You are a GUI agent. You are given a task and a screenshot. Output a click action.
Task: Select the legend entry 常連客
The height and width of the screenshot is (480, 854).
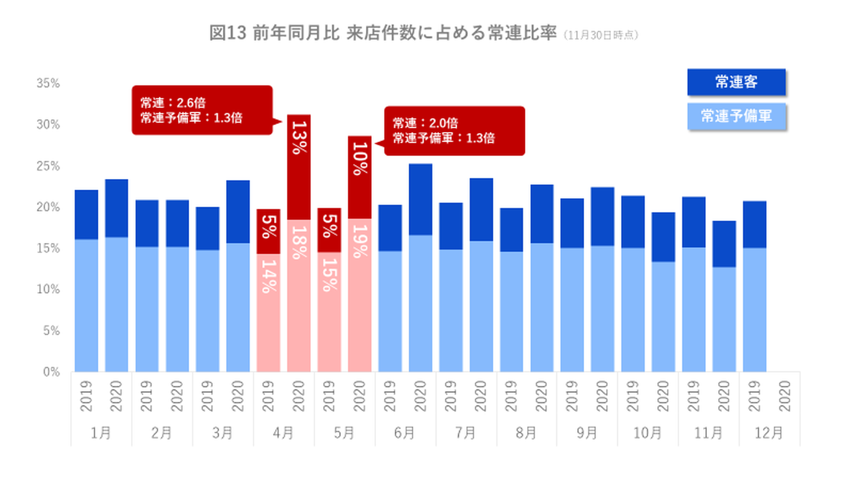click(x=736, y=82)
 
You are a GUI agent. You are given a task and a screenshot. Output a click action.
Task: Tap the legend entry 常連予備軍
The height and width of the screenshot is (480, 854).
click(x=736, y=116)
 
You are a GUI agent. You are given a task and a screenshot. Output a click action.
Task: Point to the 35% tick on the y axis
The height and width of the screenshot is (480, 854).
click(x=48, y=84)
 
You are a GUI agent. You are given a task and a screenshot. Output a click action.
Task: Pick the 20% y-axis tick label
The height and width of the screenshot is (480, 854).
click(x=48, y=207)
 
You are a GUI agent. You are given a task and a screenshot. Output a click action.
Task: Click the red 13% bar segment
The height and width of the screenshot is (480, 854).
click(x=299, y=167)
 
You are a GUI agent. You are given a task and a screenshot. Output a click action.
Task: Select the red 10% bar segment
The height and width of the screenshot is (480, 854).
click(x=359, y=177)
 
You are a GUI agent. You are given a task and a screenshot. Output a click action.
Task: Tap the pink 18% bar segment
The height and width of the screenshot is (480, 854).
click(x=299, y=295)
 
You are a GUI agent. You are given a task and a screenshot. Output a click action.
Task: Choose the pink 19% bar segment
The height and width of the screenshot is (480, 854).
click(x=359, y=295)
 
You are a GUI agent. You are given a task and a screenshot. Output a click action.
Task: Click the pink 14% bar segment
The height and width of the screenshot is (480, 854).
click(x=269, y=312)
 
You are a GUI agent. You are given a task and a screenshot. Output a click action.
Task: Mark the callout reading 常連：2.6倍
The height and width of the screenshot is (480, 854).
click(x=202, y=110)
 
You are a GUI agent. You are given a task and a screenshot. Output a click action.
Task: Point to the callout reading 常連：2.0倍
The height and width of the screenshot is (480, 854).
click(x=454, y=130)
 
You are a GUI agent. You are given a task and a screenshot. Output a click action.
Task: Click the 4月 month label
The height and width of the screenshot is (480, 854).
click(x=283, y=433)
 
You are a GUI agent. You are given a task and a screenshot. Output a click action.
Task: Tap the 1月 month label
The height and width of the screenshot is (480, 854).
click(x=101, y=433)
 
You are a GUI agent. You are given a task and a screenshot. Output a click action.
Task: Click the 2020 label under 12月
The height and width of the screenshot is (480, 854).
click(x=785, y=396)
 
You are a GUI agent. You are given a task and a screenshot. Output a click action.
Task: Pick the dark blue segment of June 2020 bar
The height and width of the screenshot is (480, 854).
click(x=420, y=199)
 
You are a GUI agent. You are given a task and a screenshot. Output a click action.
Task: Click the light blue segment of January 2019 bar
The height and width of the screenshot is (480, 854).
click(x=87, y=305)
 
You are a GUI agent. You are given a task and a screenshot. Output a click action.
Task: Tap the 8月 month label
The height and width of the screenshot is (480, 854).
click(x=527, y=433)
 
